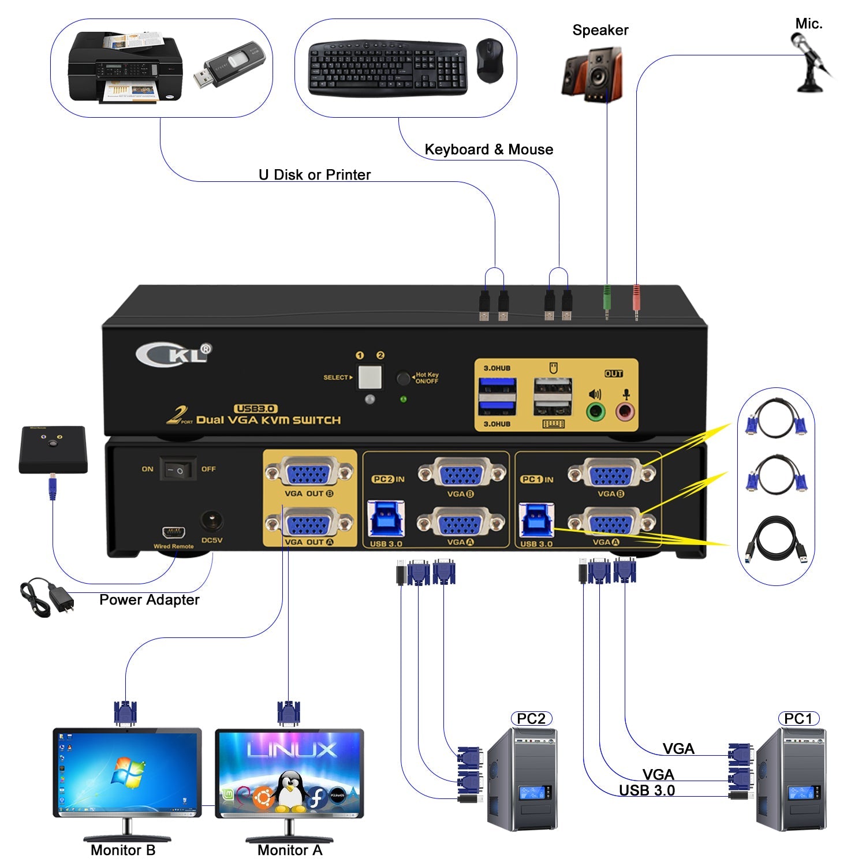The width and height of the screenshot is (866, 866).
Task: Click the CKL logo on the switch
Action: (174, 354)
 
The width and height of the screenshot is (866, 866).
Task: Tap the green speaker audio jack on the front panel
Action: (595, 412)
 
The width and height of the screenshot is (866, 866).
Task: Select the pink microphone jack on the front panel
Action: (625, 412)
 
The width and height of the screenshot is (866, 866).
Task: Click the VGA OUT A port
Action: (309, 524)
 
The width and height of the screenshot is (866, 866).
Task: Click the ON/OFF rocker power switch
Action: (178, 470)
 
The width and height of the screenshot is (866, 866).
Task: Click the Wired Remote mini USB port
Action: (173, 532)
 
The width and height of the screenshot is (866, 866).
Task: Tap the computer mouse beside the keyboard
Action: (490, 61)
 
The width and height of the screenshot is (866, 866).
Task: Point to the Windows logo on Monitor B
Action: (128, 772)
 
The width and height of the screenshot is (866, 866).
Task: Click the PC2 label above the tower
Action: (531, 719)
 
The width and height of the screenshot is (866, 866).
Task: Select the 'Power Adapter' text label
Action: (149, 600)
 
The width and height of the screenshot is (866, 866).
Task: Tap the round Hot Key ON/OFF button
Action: (403, 379)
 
